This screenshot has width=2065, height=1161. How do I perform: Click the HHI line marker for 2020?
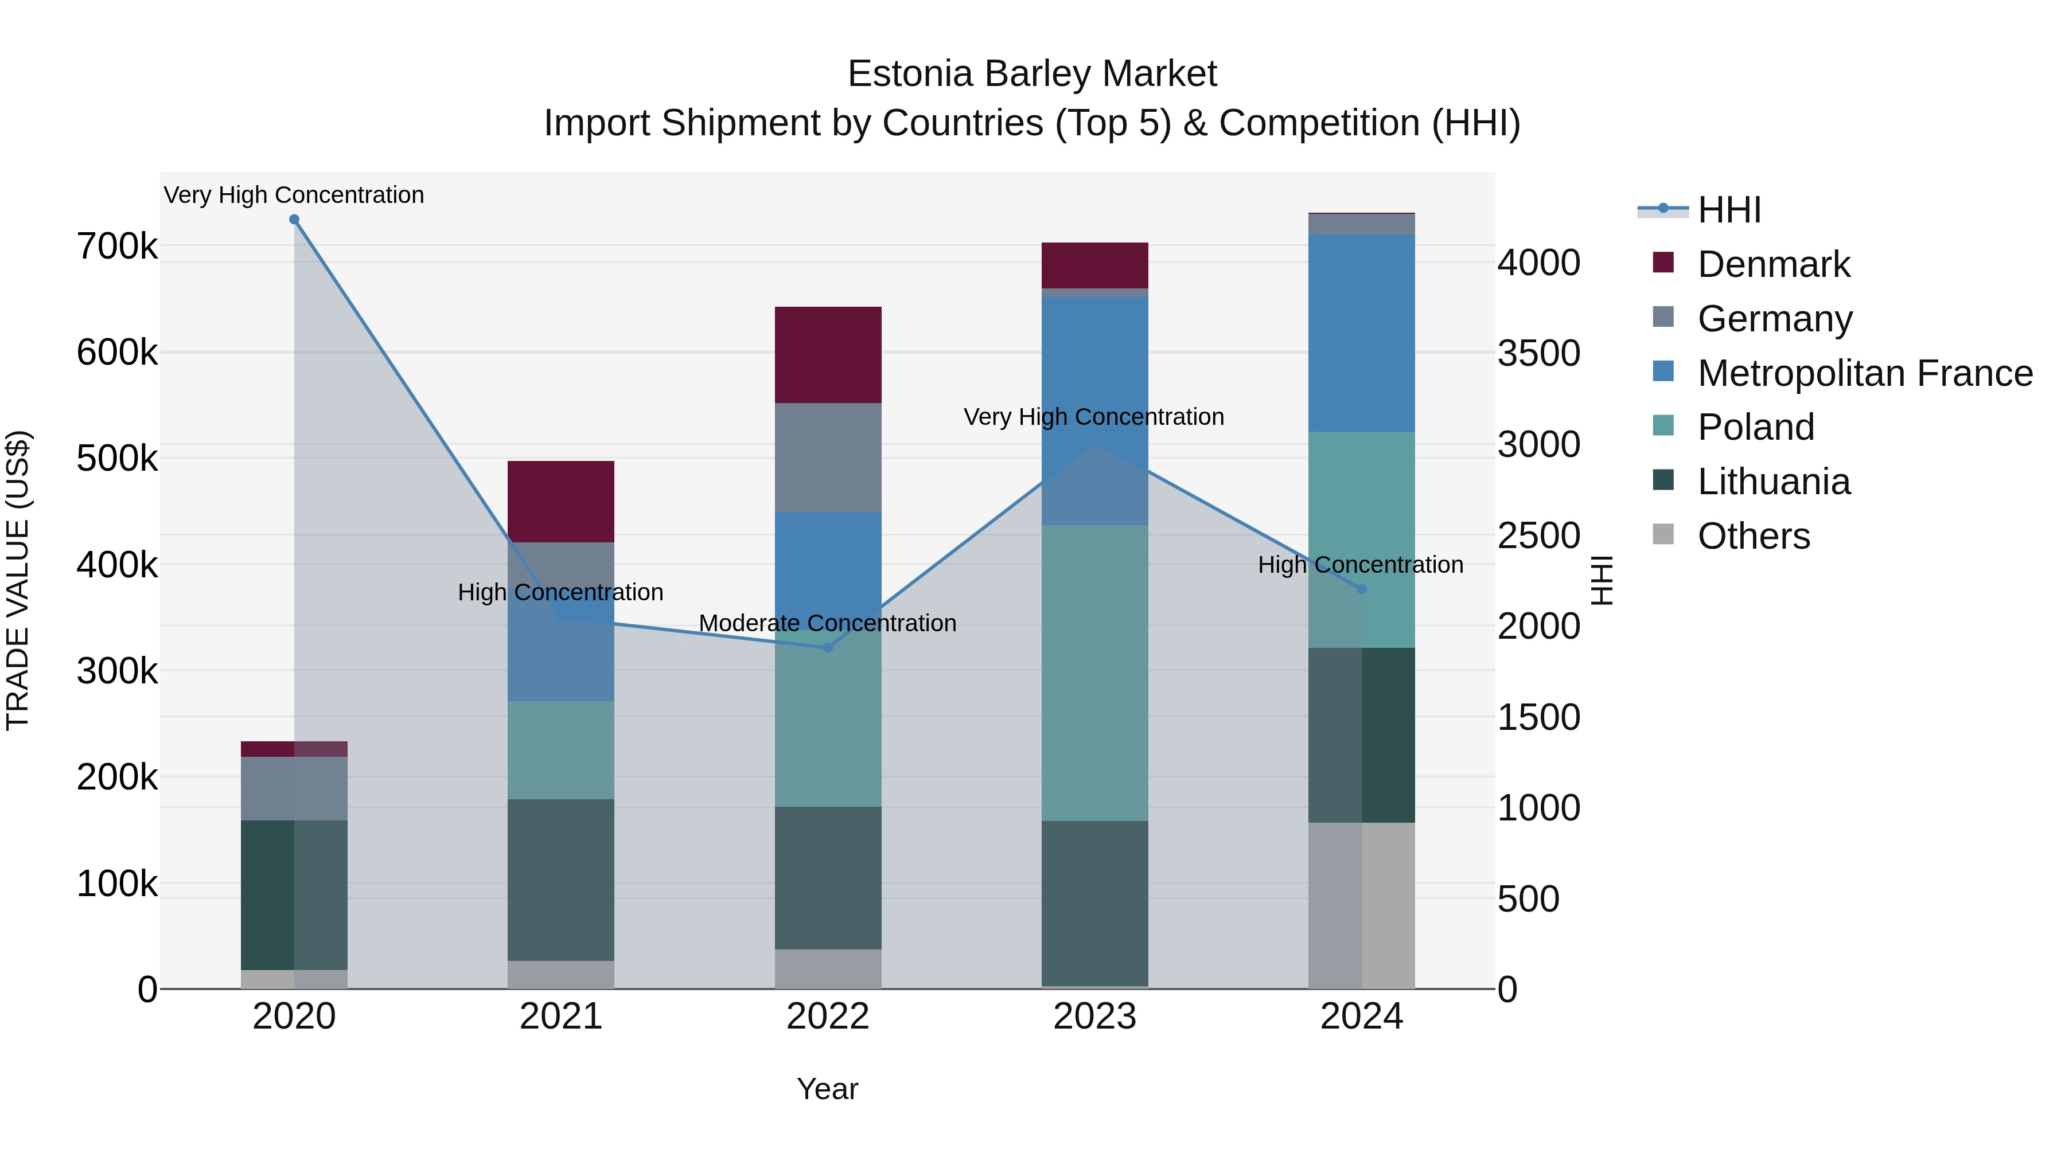pyautogui.click(x=294, y=220)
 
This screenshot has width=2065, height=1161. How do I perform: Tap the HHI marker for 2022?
pyautogui.click(x=828, y=647)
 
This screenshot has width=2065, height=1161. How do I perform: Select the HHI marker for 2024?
pyautogui.click(x=1361, y=589)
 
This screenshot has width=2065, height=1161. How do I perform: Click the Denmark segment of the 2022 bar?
pyautogui.click(x=828, y=355)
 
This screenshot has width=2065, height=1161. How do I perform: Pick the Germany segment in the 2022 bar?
pyautogui.click(x=828, y=458)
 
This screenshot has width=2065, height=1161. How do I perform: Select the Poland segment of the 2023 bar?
pyautogui.click(x=1094, y=673)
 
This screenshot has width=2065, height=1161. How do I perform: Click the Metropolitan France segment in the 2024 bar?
pyautogui.click(x=1361, y=333)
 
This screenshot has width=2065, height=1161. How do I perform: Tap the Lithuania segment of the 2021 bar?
pyautogui.click(x=560, y=879)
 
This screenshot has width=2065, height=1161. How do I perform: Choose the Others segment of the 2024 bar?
pyautogui.click(x=1361, y=905)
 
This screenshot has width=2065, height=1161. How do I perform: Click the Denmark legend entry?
pyautogui.click(x=1772, y=264)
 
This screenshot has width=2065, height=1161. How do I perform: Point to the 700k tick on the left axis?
pyautogui.click(x=117, y=246)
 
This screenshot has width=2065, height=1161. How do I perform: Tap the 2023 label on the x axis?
pyautogui.click(x=1094, y=1017)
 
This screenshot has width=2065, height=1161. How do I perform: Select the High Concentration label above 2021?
pyautogui.click(x=560, y=592)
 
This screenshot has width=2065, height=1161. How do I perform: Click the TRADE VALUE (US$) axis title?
pyautogui.click(x=18, y=580)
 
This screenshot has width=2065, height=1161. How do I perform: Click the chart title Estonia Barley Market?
pyautogui.click(x=1032, y=74)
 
